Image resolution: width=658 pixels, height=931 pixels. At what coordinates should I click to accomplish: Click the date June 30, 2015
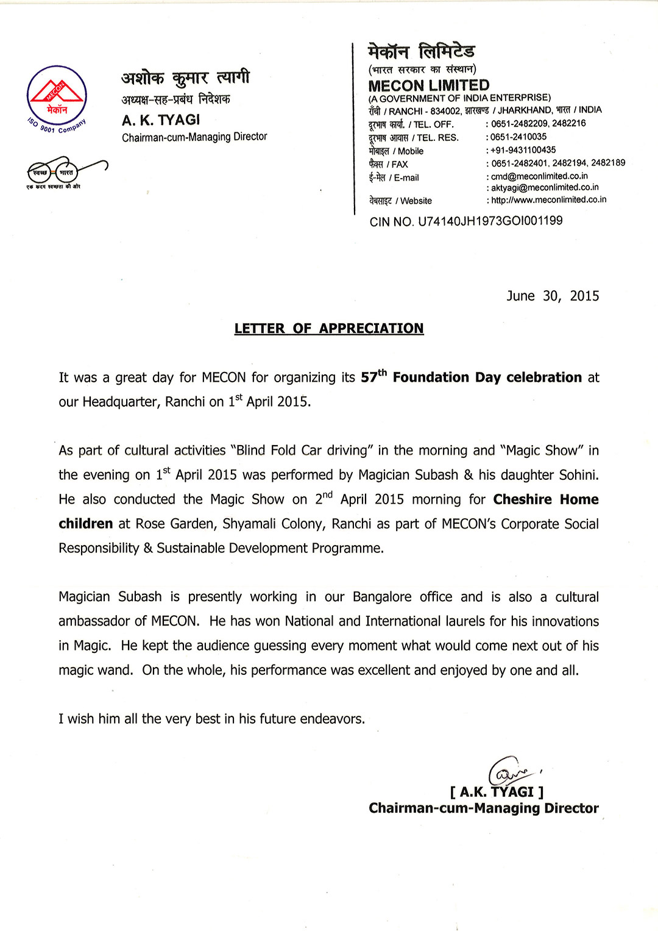(553, 296)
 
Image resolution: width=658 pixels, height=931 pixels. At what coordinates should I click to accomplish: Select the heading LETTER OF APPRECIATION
(329, 329)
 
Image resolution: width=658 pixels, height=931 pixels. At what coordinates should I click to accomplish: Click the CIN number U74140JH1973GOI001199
(490, 221)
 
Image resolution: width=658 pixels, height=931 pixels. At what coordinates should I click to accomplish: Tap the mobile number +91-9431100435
(523, 150)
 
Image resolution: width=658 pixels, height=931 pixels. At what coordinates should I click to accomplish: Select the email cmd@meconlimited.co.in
(539, 176)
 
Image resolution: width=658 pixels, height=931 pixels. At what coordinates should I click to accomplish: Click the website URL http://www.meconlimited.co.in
(548, 200)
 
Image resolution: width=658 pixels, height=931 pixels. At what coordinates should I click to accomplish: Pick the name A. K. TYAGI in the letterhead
(161, 120)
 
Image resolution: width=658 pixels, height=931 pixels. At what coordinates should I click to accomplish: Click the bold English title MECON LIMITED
(429, 85)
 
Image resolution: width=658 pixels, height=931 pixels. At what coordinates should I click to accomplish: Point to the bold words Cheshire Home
(546, 499)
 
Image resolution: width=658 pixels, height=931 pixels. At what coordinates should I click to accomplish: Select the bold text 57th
(373, 377)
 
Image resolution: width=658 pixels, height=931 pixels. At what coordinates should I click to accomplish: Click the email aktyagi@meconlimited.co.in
(545, 188)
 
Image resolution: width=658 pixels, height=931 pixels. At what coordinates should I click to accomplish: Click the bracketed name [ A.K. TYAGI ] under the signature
(497, 792)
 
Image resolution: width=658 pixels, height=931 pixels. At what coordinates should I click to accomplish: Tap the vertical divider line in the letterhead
(354, 128)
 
